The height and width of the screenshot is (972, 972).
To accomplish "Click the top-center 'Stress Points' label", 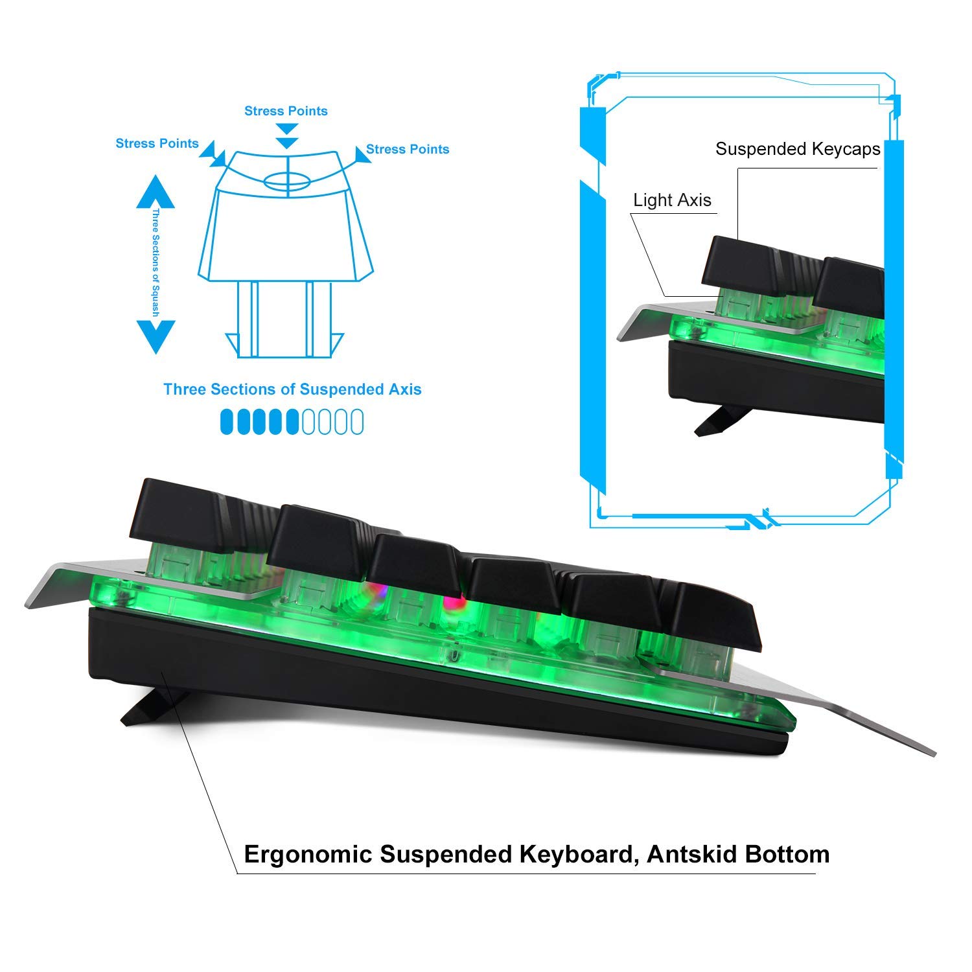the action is click(x=286, y=111).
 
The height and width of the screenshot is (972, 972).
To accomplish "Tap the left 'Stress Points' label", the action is click(x=157, y=143).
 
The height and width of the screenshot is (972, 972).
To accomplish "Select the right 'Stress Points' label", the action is click(x=408, y=149).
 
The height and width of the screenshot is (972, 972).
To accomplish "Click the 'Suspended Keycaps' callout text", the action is click(x=798, y=149).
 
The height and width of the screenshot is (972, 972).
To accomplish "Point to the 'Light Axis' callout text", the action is click(x=672, y=200).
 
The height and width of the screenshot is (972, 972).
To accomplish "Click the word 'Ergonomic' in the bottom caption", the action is click(x=308, y=855).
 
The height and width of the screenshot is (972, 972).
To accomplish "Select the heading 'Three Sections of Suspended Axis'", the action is click(x=292, y=389).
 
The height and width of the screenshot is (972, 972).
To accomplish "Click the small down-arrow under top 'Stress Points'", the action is click(x=286, y=143).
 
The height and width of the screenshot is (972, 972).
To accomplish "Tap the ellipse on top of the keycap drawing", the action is click(x=286, y=181).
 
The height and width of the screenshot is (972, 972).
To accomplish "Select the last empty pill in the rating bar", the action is click(x=356, y=422).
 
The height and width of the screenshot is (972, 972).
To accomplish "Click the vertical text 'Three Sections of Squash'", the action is click(x=156, y=264).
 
